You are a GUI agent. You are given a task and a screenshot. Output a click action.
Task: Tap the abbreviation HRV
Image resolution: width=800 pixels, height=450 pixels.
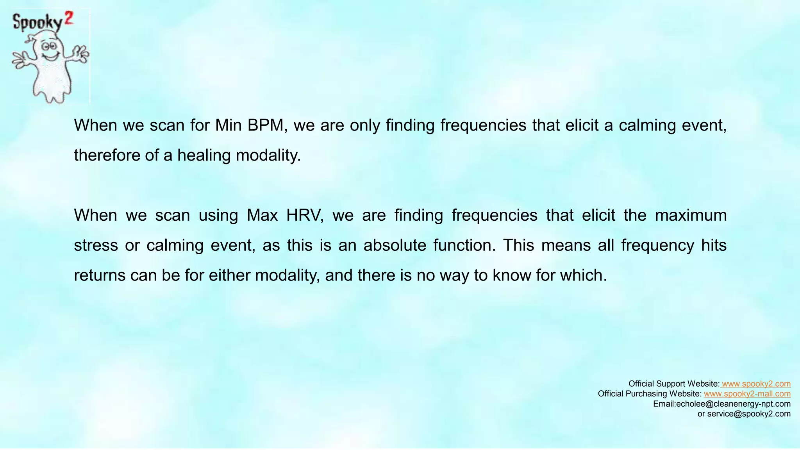click(305, 215)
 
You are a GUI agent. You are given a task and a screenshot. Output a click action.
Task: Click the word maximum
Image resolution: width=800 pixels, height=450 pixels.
click(691, 215)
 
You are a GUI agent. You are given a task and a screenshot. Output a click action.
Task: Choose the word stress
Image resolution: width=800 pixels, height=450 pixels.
click(96, 245)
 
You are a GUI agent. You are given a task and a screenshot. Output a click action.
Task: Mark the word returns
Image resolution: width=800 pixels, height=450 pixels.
click(99, 275)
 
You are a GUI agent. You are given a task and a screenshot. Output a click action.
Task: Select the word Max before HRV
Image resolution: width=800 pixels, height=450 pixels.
click(262, 215)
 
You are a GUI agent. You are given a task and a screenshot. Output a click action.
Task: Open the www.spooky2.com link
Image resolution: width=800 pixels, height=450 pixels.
click(756, 384)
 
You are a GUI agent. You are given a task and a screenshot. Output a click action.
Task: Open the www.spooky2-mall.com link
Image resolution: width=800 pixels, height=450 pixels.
click(747, 394)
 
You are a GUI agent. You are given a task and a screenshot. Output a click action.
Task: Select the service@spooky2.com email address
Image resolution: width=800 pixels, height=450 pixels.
click(749, 414)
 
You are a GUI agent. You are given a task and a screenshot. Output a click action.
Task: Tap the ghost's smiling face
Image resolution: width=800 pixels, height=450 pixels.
click(50, 51)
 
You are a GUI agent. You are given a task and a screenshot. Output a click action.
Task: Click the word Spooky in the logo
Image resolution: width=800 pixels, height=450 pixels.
click(37, 22)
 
